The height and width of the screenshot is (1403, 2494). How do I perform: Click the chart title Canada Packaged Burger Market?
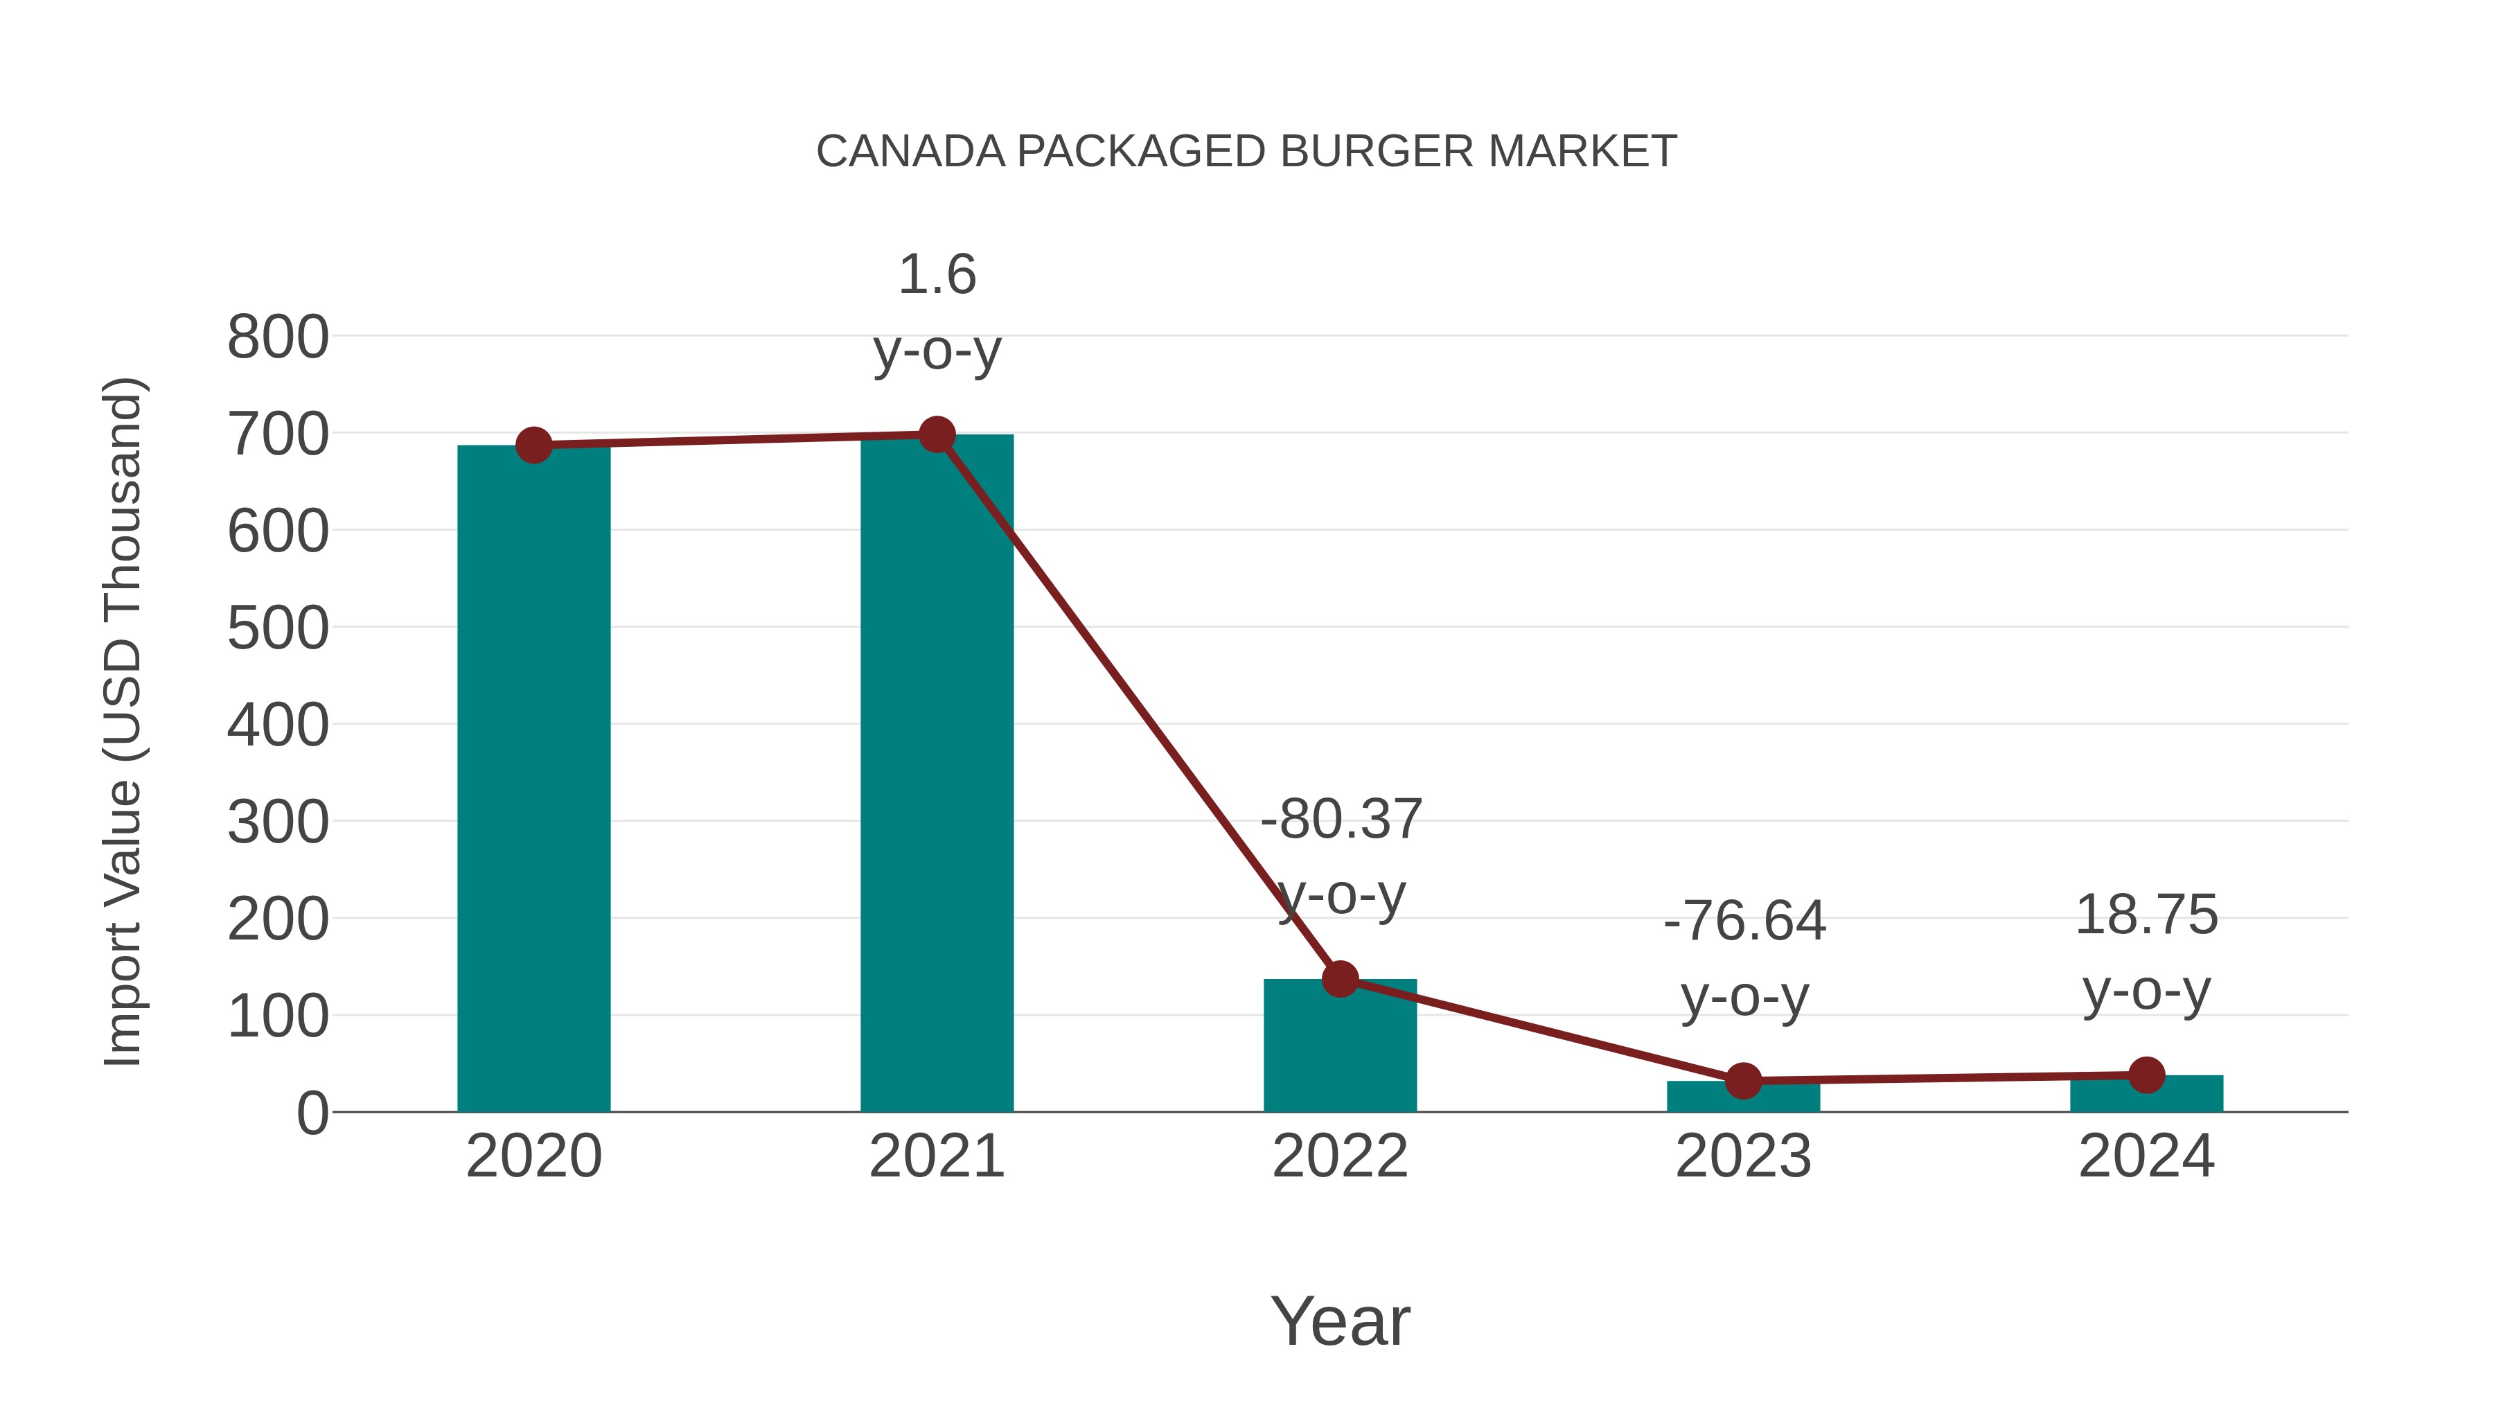tap(1246, 151)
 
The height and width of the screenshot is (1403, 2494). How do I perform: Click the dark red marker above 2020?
tap(533, 445)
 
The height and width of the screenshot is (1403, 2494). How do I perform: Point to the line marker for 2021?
tap(936, 434)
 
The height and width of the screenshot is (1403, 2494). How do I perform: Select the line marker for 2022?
tap(1340, 979)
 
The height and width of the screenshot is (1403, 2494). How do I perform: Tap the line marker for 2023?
tap(1743, 1081)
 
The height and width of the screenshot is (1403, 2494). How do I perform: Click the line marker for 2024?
tap(2146, 1075)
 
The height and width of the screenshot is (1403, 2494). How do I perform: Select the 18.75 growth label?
tap(2146, 952)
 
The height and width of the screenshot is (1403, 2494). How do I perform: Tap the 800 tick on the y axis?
tap(278, 338)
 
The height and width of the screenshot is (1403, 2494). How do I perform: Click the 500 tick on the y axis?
tap(278, 628)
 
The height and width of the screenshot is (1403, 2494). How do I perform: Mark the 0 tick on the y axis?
tap(312, 1113)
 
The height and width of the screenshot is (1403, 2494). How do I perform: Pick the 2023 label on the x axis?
tap(1743, 1156)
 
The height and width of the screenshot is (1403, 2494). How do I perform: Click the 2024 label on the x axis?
tap(2146, 1156)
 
